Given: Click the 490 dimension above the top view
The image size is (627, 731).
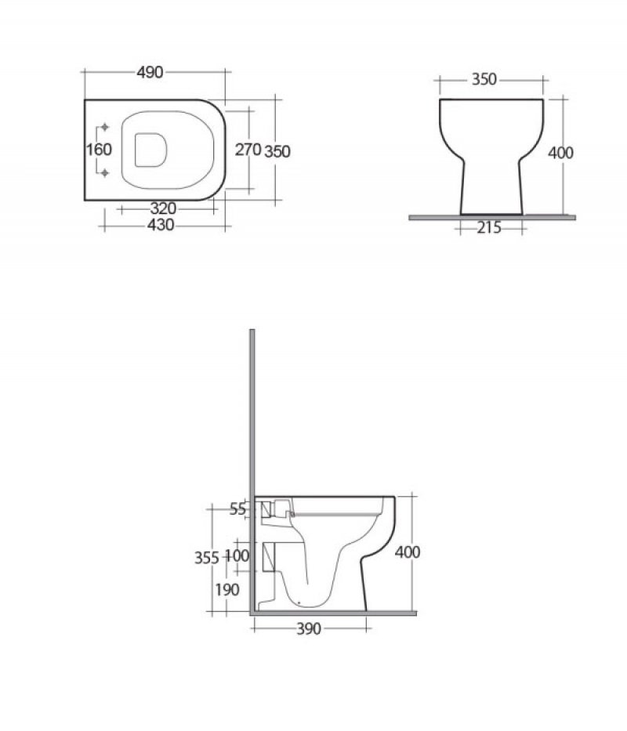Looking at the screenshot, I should point(150,73).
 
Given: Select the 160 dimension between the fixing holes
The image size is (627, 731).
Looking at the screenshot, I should point(100,150).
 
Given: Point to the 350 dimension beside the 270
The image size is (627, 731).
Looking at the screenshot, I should point(277,151).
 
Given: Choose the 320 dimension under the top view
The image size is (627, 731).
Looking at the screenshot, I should point(162,208).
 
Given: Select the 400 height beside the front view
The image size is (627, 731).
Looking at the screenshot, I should point(560,153).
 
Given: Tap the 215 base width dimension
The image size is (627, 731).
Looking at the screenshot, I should point(490,228).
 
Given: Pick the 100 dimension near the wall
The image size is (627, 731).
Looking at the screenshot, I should point(237,555).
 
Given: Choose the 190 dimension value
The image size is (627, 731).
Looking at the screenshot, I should point(227,590).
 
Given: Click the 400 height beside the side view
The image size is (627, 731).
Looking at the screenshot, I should point(408,552).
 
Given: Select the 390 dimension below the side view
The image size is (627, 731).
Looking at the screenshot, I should point(310,630).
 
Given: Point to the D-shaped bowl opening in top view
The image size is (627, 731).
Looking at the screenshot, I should point(151,149).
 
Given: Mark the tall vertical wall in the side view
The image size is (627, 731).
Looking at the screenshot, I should point(253,470).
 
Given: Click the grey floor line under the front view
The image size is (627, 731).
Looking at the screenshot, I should point(492,217).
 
